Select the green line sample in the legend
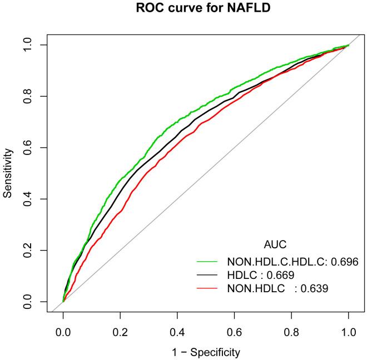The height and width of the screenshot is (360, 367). (208, 261)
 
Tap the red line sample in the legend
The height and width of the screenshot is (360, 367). (208, 288)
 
